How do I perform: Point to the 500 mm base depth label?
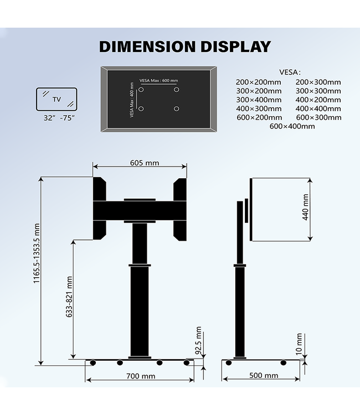click(264, 375)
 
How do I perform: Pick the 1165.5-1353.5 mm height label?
click(37, 253)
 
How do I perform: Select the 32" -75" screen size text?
click(59, 118)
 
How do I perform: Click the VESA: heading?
click(290, 72)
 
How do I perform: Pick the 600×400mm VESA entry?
click(292, 126)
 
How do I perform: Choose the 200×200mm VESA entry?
click(259, 82)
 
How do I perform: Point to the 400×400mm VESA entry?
click(318, 108)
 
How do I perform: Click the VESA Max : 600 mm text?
click(158, 80)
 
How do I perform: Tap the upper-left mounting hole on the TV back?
click(141, 90)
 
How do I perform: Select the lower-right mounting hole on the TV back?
click(176, 108)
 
